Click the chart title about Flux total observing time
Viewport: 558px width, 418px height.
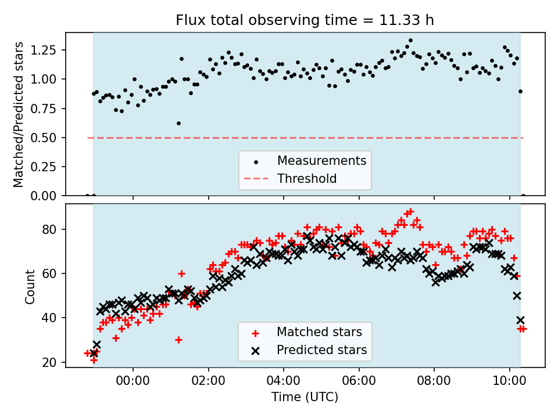[305, 21]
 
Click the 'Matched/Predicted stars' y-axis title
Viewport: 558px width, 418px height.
[19, 114]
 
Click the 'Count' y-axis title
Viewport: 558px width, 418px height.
[30, 286]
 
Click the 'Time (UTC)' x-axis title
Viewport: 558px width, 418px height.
[305, 397]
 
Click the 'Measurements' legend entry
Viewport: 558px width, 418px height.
[321, 160]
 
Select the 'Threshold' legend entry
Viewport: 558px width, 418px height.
[307, 178]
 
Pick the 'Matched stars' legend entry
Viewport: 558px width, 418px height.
[319, 332]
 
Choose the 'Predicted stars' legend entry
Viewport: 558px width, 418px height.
[321, 350]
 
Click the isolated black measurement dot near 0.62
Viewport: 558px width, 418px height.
[178, 123]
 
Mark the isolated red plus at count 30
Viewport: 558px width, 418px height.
[178, 340]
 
